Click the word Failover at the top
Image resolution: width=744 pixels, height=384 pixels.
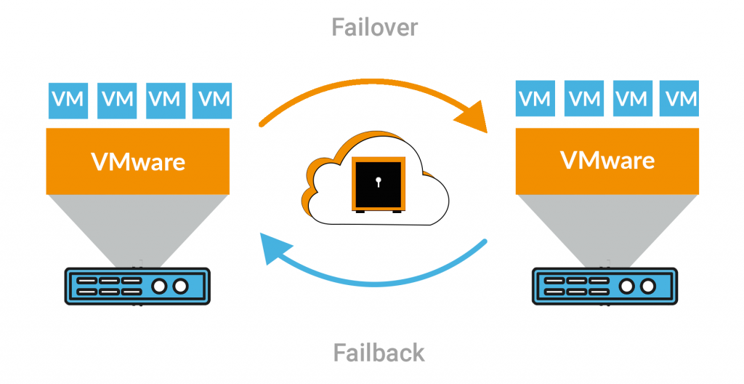click(x=375, y=28)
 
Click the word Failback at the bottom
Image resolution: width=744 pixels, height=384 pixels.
click(x=379, y=353)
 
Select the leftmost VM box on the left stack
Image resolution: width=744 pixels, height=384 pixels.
click(x=68, y=100)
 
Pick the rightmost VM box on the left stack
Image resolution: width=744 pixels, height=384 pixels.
click(x=213, y=100)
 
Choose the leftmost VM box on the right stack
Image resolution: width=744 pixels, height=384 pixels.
click(x=535, y=97)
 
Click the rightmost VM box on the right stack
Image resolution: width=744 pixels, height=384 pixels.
click(x=680, y=97)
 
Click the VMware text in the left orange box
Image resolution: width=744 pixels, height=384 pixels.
click(x=138, y=161)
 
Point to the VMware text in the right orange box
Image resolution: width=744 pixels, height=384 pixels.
click(x=607, y=159)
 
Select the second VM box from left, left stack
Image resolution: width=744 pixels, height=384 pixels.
click(x=117, y=100)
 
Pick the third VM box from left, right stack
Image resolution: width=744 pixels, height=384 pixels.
click(x=632, y=97)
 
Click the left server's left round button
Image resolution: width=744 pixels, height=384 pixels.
click(x=158, y=286)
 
